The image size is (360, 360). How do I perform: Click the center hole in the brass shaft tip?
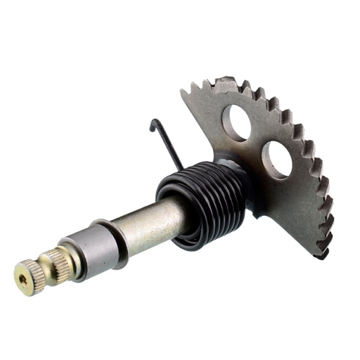[25, 279]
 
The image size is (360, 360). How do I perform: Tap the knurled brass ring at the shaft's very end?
[30, 276]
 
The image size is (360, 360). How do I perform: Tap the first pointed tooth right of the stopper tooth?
[246, 86]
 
